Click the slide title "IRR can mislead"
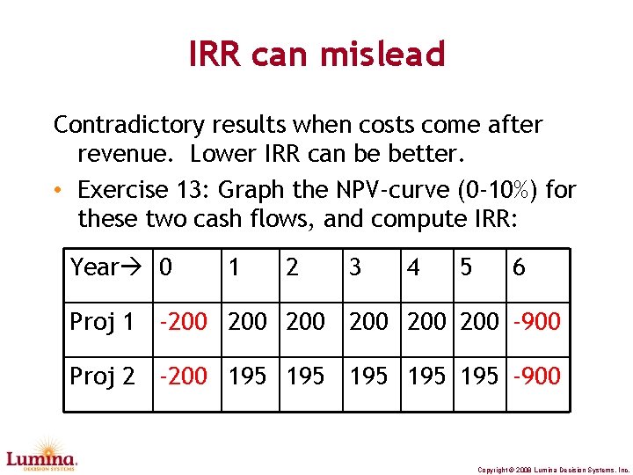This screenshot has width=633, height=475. pos(316,55)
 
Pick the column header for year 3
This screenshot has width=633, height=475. pos(354,267)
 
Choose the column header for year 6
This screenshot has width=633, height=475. pos(519,267)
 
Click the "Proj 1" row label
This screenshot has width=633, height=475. pos(102,322)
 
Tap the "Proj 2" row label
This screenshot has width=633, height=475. pos(102,376)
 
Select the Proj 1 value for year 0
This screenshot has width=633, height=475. pos(183,322)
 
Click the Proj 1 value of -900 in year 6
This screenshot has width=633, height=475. pos(535,322)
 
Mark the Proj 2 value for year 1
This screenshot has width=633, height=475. pos(247,376)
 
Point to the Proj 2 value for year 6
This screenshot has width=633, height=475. pos(535,376)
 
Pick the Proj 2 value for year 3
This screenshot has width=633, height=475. pos(368,376)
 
